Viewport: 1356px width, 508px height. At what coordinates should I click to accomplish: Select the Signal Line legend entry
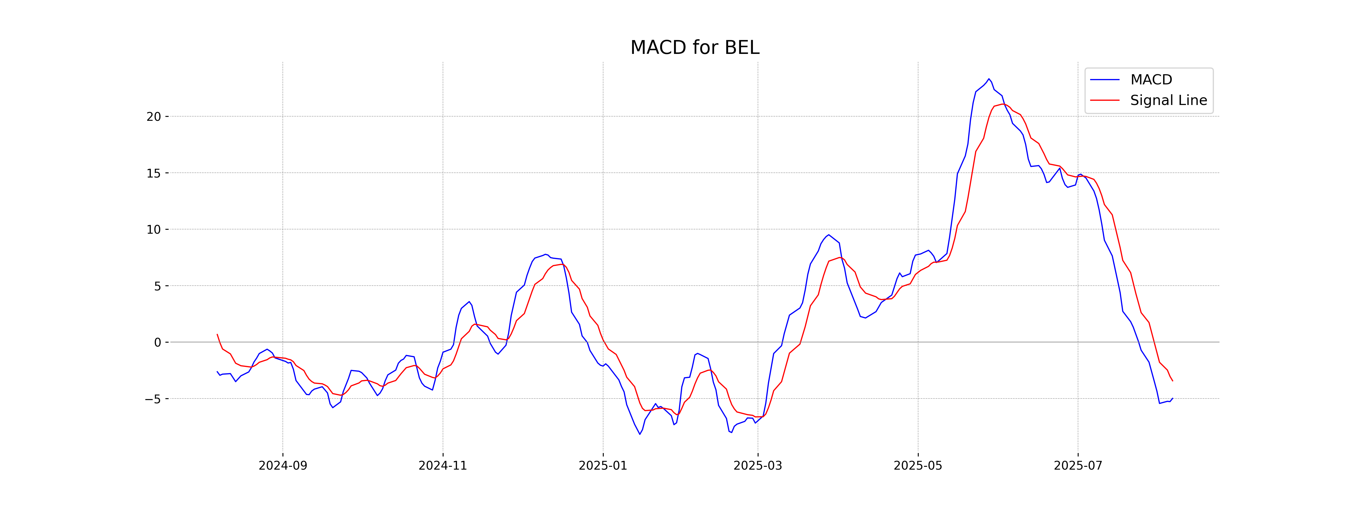click(1168, 100)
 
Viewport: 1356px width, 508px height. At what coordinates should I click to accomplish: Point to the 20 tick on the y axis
click(154, 117)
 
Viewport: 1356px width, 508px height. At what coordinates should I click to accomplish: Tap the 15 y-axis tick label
click(154, 173)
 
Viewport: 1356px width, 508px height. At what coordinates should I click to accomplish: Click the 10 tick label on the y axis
click(154, 230)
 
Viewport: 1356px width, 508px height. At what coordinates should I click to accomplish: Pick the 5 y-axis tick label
click(157, 286)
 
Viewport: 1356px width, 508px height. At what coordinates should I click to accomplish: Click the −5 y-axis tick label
click(153, 399)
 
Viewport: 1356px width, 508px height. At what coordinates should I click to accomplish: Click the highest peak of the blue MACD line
click(988, 79)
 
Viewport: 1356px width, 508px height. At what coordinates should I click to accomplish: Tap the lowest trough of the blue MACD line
click(640, 434)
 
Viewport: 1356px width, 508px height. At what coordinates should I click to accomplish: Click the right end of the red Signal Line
click(1172, 381)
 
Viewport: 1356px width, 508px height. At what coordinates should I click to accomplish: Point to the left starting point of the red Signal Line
click(217, 334)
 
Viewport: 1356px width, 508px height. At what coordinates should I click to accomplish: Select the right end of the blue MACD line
click(1172, 398)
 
